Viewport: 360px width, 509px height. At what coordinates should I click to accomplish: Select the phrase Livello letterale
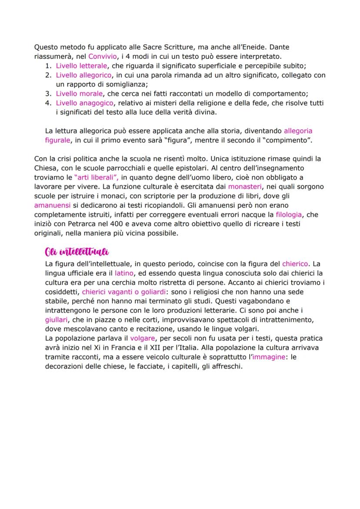click(81, 66)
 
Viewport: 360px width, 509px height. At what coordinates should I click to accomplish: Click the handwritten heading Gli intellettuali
click(77, 252)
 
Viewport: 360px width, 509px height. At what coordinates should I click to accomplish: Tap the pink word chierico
click(295, 263)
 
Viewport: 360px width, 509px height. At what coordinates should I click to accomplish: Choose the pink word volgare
click(142, 338)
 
